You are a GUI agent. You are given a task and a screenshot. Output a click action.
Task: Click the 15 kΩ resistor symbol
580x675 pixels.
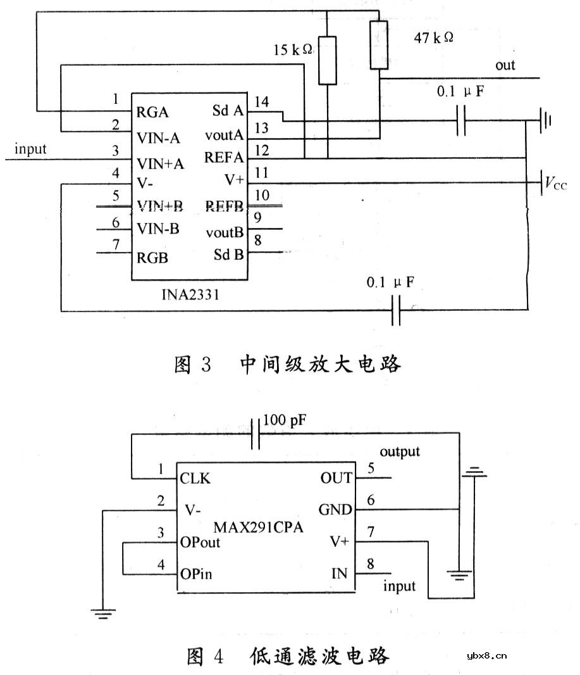click(x=328, y=61)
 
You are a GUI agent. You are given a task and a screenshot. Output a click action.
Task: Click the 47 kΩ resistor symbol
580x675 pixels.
click(x=378, y=45)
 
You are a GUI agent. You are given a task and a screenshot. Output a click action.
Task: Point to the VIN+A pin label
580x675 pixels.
click(x=160, y=163)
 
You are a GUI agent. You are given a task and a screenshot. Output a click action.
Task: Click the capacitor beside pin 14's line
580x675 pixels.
click(x=461, y=120)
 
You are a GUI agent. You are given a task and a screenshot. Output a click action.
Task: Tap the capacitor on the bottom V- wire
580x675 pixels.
click(x=396, y=310)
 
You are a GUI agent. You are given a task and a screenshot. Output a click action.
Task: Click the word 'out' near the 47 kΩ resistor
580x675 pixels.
click(x=505, y=65)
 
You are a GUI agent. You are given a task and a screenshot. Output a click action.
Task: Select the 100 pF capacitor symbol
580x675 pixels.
click(x=256, y=434)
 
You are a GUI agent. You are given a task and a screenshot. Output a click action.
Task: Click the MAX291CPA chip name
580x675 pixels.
click(x=257, y=526)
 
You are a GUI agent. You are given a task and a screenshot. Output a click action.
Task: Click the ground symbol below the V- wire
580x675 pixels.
click(x=102, y=612)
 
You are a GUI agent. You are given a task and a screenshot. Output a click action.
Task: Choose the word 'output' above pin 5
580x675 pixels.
click(x=400, y=451)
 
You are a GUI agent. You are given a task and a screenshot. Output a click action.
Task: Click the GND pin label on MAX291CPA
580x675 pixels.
click(x=336, y=510)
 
